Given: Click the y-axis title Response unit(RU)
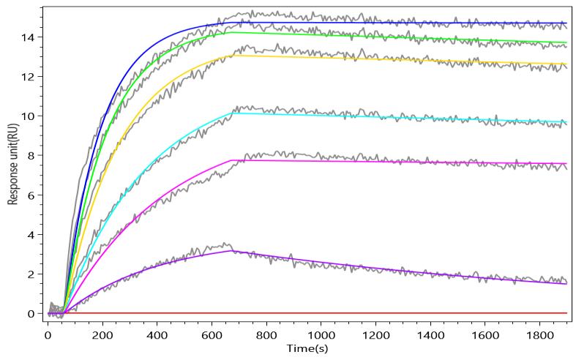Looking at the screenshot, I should click(13, 157).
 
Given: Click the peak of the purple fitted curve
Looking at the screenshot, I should click(232, 251).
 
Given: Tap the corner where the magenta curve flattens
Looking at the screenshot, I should click(232, 160).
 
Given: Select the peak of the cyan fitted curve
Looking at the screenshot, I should click(232, 113).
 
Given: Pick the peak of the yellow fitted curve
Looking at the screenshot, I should click(232, 56).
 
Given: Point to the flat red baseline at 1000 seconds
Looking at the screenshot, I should click(320, 313).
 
